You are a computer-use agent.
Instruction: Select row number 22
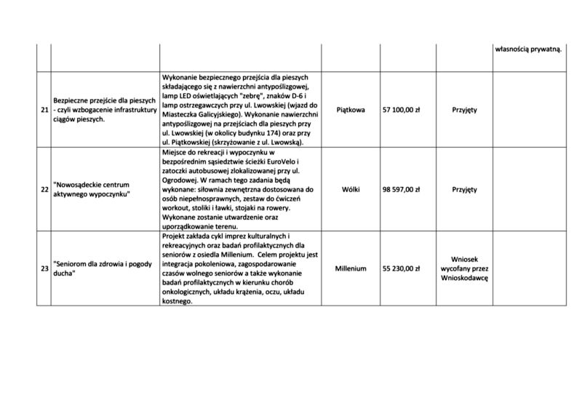pyautogui.click(x=44, y=189)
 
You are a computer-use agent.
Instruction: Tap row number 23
pyautogui.click(x=44, y=268)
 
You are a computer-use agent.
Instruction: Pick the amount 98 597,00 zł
pyautogui.click(x=407, y=189)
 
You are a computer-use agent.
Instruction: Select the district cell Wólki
pyautogui.click(x=351, y=189)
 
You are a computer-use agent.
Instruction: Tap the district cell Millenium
pyautogui.click(x=351, y=268)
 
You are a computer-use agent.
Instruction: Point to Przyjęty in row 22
pyautogui.click(x=464, y=189)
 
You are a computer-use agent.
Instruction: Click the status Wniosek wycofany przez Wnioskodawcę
pyautogui.click(x=464, y=268)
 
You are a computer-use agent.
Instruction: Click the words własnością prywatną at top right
pyautogui.click(x=528, y=49)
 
